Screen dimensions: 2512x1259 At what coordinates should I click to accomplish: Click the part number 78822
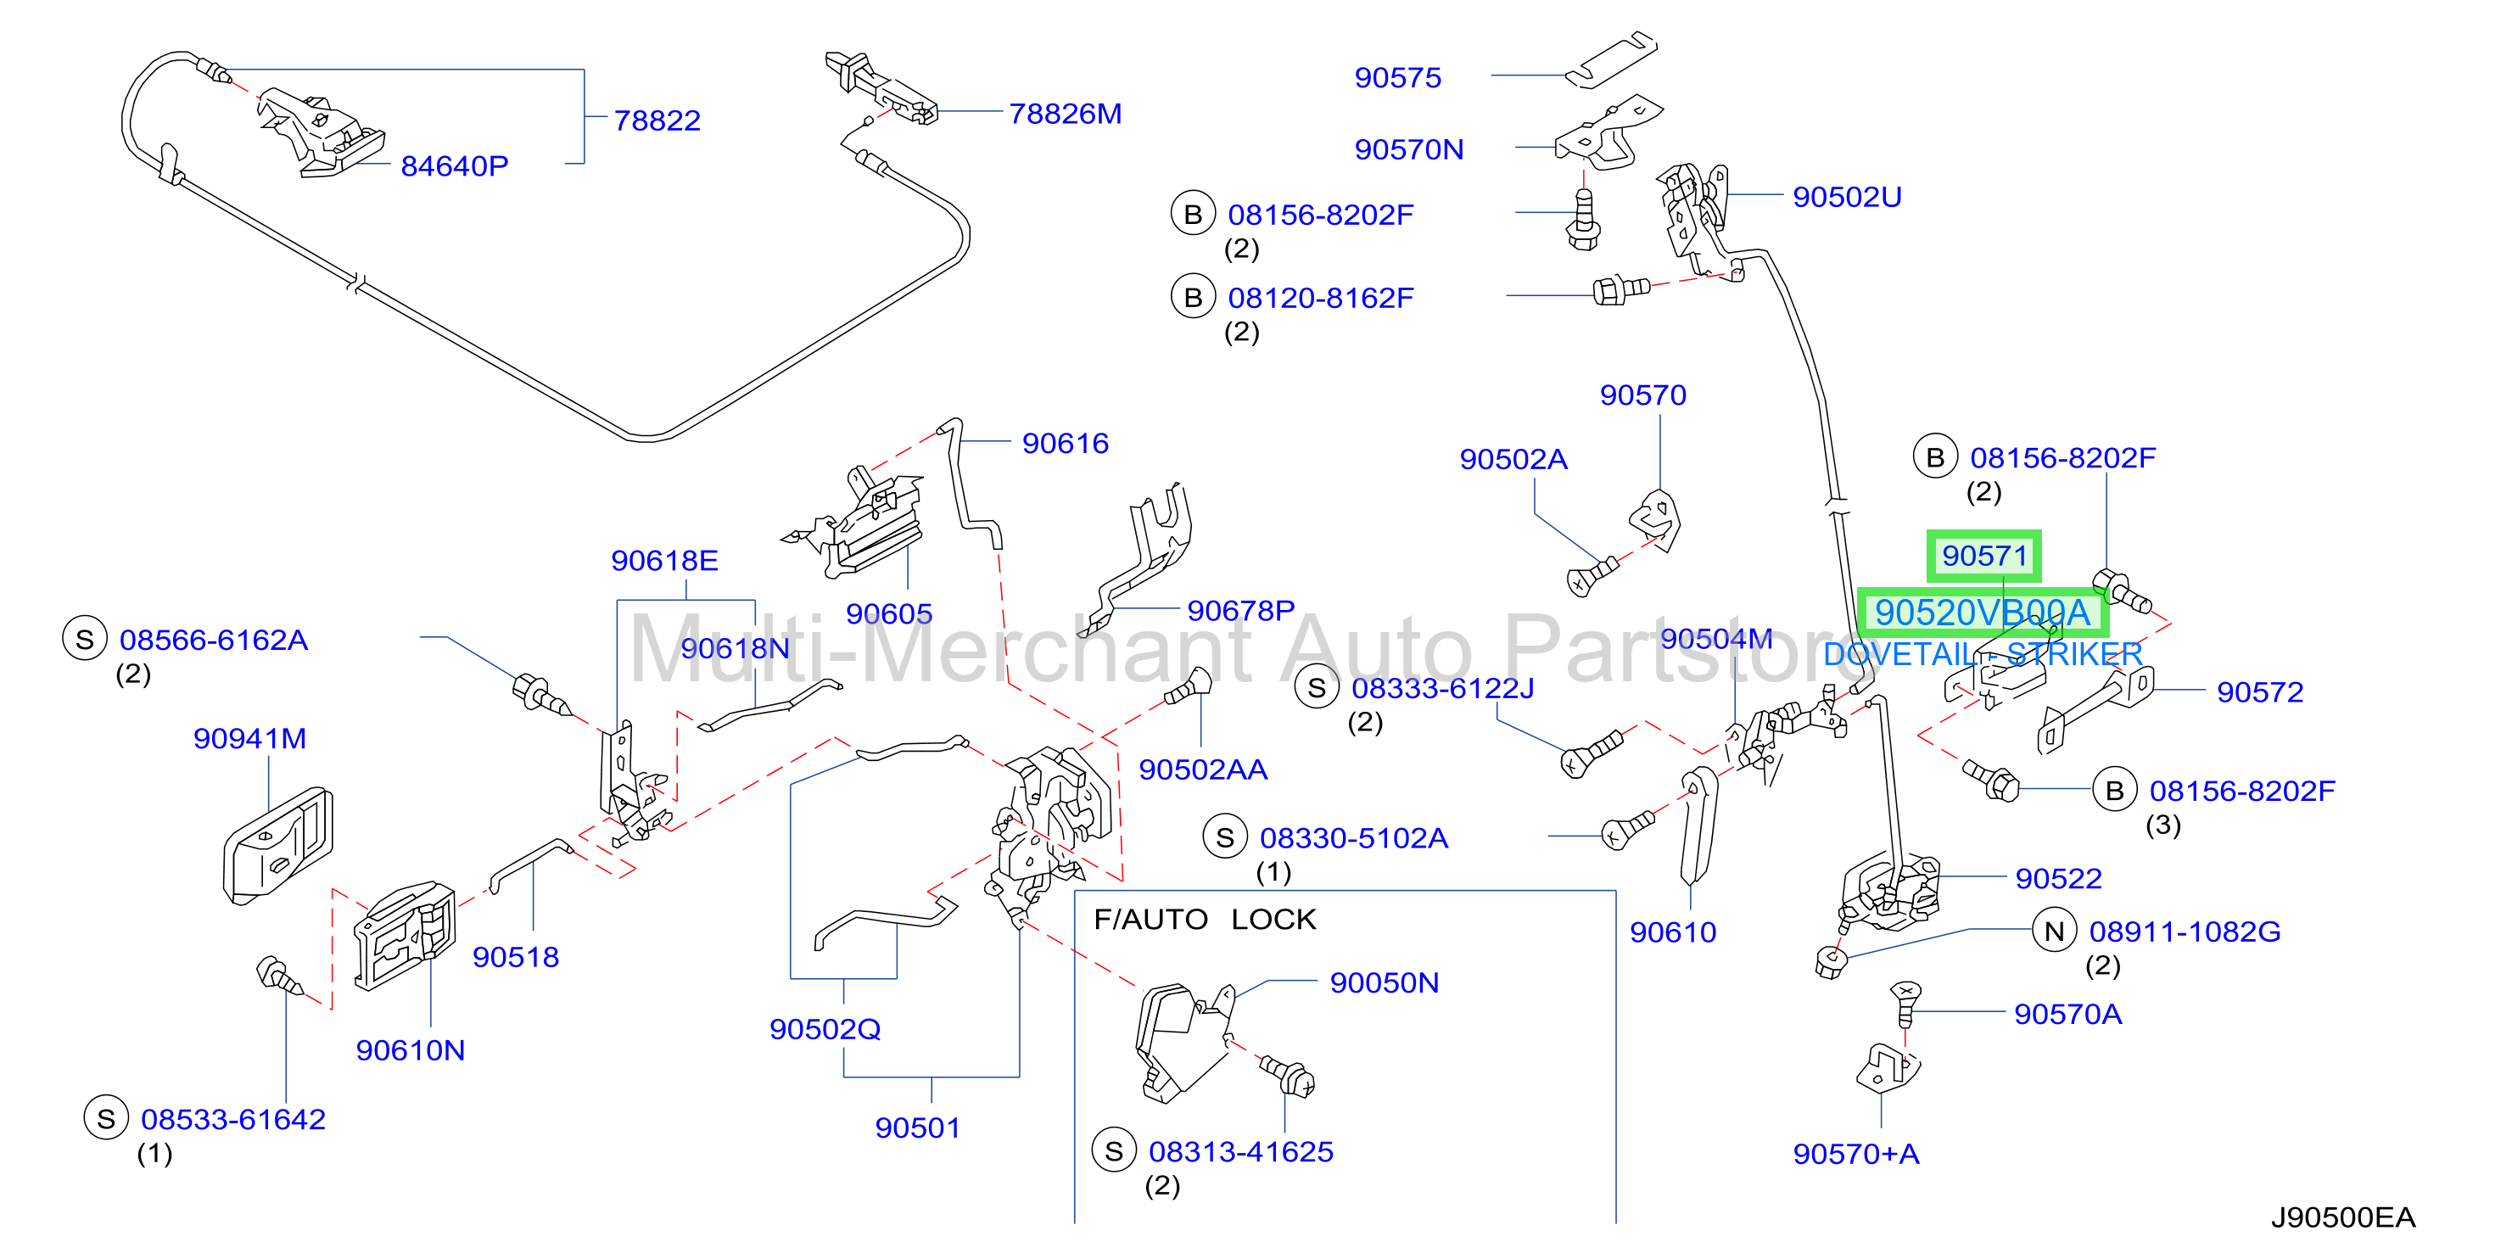point(657,121)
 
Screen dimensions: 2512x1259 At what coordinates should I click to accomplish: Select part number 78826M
point(1065,114)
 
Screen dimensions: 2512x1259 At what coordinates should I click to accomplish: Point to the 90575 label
point(1397,78)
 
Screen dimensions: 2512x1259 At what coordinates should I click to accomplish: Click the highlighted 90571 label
point(1984,556)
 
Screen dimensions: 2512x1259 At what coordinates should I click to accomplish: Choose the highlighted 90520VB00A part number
point(1983,613)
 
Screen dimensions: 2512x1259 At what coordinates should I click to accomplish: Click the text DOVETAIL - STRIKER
point(1983,654)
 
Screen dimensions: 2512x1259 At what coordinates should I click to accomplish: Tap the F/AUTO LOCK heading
point(1205,920)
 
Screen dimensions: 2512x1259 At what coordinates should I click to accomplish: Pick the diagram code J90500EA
point(2342,1218)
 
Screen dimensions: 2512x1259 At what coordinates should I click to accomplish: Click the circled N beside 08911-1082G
point(2055,932)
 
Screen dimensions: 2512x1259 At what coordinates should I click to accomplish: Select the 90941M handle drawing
point(278,846)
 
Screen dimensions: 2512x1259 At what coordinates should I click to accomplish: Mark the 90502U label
point(1847,197)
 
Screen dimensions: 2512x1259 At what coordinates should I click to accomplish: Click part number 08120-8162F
point(1320,299)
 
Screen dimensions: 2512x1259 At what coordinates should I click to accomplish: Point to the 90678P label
point(1240,612)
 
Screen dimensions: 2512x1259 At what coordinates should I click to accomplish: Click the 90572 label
point(2259,692)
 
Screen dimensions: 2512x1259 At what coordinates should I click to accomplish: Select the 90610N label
point(411,1051)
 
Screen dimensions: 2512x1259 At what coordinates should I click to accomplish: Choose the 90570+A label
point(1855,1155)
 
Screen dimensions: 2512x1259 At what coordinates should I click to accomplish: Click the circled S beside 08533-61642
point(106,1118)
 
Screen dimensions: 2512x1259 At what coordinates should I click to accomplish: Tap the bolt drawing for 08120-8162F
point(1620,289)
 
